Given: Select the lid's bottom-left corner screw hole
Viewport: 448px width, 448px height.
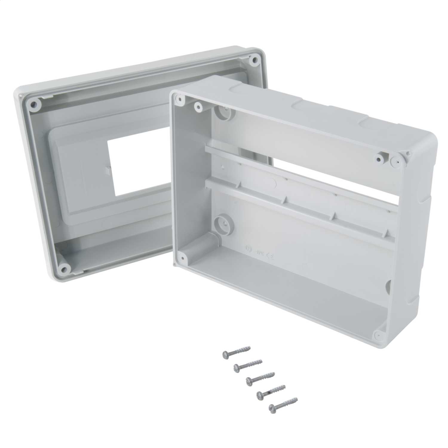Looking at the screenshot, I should click(x=64, y=266).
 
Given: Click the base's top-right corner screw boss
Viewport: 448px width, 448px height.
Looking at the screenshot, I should click(x=396, y=161).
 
